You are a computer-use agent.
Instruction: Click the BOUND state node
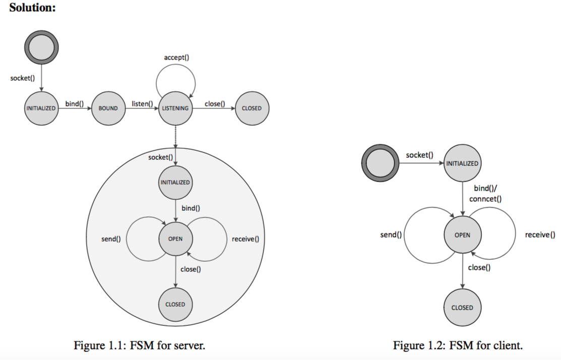point(108,108)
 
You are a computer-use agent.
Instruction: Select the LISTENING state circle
point(175,108)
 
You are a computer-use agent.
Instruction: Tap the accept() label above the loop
point(176,57)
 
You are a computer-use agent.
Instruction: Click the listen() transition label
point(142,104)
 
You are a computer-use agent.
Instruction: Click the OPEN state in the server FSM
point(175,238)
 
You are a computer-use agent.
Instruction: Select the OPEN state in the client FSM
point(462,235)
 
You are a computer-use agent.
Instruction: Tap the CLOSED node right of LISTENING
point(252,108)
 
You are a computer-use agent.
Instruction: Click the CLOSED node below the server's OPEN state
point(175,304)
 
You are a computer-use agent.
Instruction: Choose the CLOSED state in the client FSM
point(462,308)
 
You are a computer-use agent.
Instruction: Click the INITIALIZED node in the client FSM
point(462,163)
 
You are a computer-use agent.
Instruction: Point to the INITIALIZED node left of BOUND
point(41,108)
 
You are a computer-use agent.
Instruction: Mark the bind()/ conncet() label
point(485,193)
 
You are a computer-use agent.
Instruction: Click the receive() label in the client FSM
point(540,235)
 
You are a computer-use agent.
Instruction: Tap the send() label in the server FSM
point(111,238)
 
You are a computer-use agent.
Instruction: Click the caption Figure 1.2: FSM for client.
point(458,345)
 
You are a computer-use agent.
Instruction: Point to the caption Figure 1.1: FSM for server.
point(140,345)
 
